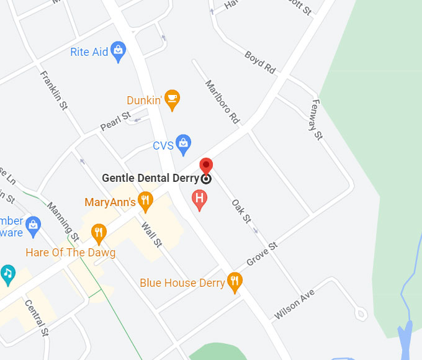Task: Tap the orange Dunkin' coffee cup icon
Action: click(172, 99)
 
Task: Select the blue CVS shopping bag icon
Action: click(183, 145)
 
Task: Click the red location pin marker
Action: click(206, 167)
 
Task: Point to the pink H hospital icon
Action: click(199, 199)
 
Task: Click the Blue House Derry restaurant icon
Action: click(235, 282)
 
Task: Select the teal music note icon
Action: click(7, 273)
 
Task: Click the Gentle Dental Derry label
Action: click(150, 178)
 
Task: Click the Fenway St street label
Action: click(317, 119)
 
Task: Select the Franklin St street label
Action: click(54, 91)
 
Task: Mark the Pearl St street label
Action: click(115, 120)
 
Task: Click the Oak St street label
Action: click(241, 211)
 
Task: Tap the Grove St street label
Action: click(262, 254)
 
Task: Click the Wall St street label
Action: click(151, 235)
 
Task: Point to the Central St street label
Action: click(36, 317)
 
